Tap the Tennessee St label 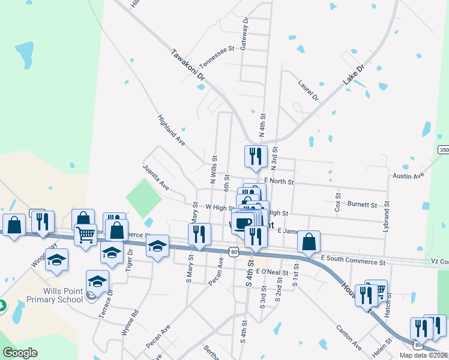pyautogui.click(x=216, y=57)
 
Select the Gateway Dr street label pyautogui.click(x=244, y=33)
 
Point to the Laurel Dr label pyautogui.click(x=308, y=89)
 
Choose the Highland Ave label pyautogui.click(x=171, y=130)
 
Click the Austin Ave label pyautogui.click(x=408, y=176)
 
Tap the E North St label pyautogui.click(x=279, y=181)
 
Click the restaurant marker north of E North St pyautogui.click(x=256, y=156)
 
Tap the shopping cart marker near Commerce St pyautogui.click(x=86, y=235)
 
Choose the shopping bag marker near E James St pyautogui.click(x=309, y=242)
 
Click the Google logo pyautogui.click(x=20, y=353)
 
